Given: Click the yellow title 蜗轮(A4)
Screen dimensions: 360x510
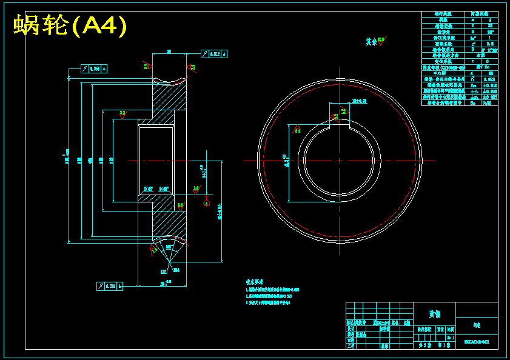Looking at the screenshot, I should point(70,25).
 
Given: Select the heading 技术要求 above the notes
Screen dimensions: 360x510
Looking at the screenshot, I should point(255,282).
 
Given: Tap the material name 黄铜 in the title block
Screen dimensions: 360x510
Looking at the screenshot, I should point(434,314).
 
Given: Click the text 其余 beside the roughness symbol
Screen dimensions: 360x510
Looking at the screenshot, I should point(371,42).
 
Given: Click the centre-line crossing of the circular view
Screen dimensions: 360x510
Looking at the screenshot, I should point(339,161).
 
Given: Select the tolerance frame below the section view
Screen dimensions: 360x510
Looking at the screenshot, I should point(110,285).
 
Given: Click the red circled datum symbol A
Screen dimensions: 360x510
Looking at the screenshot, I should point(207,204).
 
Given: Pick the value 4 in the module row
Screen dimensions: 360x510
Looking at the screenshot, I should point(490,20).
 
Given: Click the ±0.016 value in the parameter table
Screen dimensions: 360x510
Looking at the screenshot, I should point(489,85).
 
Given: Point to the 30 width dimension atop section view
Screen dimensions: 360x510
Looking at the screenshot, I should point(169,52).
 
